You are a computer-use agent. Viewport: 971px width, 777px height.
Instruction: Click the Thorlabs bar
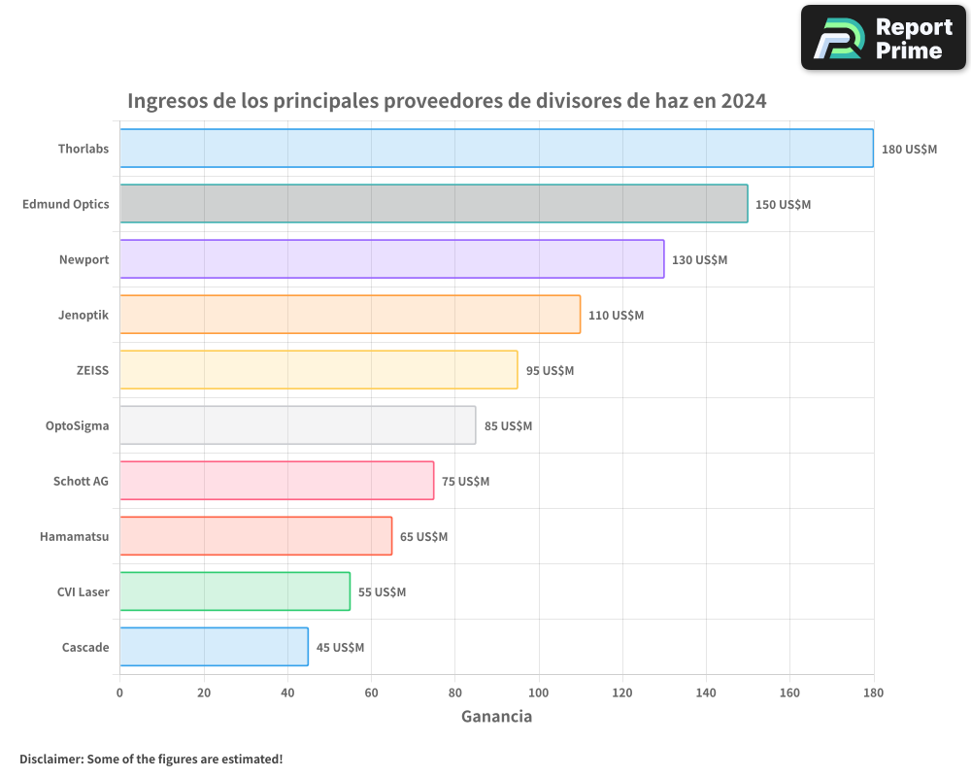click(495, 148)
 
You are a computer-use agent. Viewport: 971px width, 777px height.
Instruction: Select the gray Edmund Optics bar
click(433, 203)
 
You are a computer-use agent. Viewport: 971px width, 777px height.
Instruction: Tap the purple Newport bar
click(391, 258)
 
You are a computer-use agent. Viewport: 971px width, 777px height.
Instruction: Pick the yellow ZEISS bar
click(318, 369)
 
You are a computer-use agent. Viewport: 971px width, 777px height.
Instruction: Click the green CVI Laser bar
click(234, 591)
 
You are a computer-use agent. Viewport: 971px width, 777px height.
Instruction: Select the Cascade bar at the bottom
click(214, 646)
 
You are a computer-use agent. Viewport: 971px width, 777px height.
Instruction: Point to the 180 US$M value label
click(909, 150)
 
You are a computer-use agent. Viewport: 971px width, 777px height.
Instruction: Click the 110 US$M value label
click(616, 316)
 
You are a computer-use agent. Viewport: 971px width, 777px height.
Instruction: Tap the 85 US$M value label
click(508, 426)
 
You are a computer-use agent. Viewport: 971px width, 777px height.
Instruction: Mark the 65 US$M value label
click(423, 537)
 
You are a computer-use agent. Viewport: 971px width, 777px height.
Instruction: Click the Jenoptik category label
click(84, 315)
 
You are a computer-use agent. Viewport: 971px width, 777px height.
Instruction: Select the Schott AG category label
click(81, 481)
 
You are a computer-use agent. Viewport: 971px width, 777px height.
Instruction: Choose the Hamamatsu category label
click(74, 536)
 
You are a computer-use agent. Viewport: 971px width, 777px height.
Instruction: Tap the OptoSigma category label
click(77, 425)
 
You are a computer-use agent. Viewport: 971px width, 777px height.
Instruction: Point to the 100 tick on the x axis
click(539, 693)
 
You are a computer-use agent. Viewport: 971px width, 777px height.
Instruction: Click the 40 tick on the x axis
click(287, 693)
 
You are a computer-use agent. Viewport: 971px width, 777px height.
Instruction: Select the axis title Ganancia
click(496, 717)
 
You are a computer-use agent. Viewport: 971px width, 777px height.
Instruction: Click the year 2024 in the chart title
click(743, 101)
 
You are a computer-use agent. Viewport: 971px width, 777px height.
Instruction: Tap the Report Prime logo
click(883, 37)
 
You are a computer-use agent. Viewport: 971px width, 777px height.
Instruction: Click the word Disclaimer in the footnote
click(50, 759)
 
